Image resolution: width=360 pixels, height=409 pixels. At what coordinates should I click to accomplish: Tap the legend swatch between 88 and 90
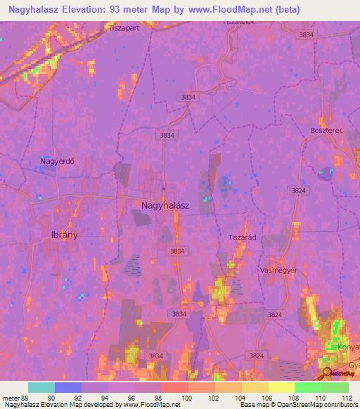(41, 387)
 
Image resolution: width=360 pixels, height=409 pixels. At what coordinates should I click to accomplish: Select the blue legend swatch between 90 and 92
(67, 387)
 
